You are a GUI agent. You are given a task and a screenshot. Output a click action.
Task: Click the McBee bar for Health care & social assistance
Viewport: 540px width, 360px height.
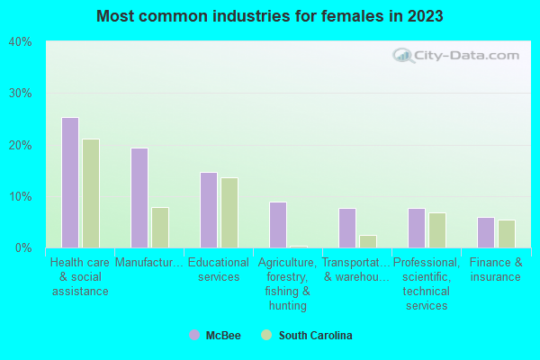(70, 183)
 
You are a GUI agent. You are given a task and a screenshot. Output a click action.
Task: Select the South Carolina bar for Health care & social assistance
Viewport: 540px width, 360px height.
(91, 193)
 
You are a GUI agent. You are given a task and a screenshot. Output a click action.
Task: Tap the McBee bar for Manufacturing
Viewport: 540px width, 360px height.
(139, 198)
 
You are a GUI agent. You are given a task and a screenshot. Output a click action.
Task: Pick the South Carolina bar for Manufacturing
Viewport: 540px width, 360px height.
(160, 228)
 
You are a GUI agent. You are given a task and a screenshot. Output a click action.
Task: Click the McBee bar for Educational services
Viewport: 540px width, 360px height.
(209, 210)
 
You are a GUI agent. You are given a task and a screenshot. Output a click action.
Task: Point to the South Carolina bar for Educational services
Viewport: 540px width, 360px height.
(229, 212)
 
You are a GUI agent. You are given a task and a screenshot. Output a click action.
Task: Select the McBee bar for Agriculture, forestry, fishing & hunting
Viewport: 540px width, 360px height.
(278, 225)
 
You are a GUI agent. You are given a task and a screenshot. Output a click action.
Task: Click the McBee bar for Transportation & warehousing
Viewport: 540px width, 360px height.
(347, 228)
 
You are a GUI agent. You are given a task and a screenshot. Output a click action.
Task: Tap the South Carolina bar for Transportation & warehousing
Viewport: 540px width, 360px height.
(368, 241)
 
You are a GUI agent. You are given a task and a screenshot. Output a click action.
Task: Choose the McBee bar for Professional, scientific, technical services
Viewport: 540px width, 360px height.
(417, 228)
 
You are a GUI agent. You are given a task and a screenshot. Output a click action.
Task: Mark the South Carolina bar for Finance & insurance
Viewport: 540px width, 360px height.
(507, 234)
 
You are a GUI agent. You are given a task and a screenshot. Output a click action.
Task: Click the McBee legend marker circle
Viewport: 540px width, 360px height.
(194, 336)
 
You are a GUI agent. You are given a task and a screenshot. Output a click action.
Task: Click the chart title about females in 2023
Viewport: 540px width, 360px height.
(270, 16)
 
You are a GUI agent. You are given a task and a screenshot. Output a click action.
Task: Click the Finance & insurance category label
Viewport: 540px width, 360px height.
(496, 270)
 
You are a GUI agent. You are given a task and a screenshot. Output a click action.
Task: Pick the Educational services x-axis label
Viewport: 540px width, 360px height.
(219, 270)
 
